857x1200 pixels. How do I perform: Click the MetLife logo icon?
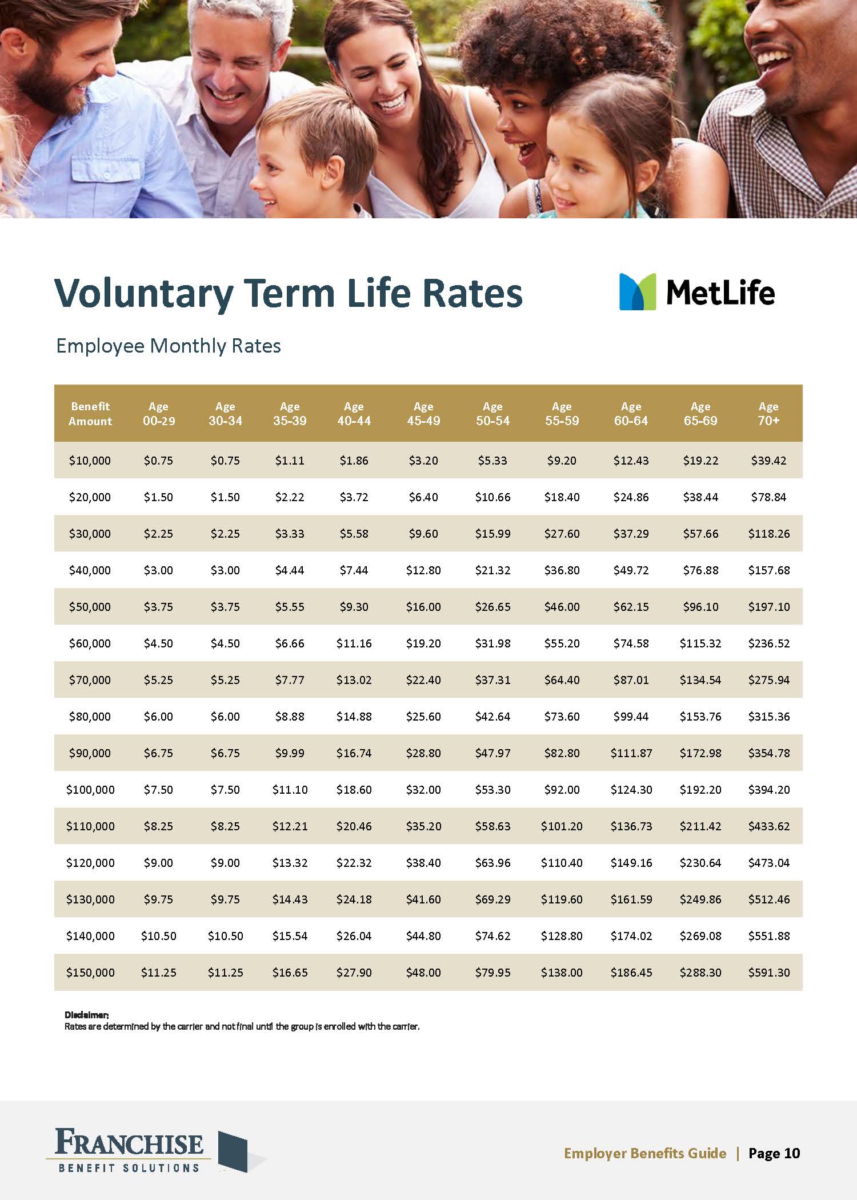coord(638,292)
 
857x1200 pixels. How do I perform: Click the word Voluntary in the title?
coord(143,293)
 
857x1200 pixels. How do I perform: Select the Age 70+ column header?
coord(768,414)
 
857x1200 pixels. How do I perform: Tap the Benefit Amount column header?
coord(90,414)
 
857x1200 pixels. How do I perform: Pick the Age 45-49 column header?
coord(423,414)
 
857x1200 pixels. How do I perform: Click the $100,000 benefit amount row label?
coord(90,790)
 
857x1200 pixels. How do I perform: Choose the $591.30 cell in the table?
coord(769,973)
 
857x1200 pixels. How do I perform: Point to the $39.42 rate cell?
coord(769,461)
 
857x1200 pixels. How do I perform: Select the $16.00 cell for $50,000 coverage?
coord(423,607)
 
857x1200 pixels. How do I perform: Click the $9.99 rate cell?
coord(290,753)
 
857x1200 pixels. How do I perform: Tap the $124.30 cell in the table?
coord(631,790)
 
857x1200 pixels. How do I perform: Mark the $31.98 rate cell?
coord(492,643)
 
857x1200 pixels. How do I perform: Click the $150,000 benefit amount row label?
coord(90,973)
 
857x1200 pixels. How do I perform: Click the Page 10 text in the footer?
coord(774,1153)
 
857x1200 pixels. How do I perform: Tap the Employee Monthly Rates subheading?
coord(169,346)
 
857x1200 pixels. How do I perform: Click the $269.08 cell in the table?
coord(700,936)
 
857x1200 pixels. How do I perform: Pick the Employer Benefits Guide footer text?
coord(645,1153)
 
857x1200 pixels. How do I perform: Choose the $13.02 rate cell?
coord(354,680)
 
